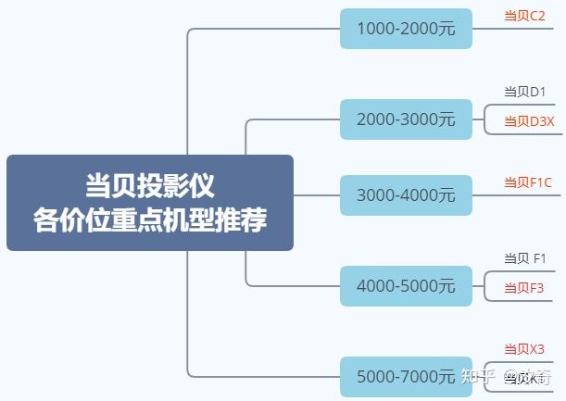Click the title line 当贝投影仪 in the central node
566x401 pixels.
149,185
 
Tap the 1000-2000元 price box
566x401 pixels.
406,29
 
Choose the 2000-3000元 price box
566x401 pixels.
406,119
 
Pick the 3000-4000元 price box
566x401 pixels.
406,195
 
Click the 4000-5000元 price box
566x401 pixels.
406,286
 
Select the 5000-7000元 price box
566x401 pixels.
406,377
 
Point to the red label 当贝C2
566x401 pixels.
524,16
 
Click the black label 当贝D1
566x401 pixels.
524,92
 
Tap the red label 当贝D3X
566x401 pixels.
529,121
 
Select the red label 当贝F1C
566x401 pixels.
527,182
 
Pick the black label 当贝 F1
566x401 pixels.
525,257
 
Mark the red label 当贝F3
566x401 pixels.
523,288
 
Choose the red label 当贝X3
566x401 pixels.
524,349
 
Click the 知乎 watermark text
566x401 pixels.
479,377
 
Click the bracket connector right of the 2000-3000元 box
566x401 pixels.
484,119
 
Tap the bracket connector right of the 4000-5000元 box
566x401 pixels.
484,286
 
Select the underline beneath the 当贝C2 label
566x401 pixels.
528,29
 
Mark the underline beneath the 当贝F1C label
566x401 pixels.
528,195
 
